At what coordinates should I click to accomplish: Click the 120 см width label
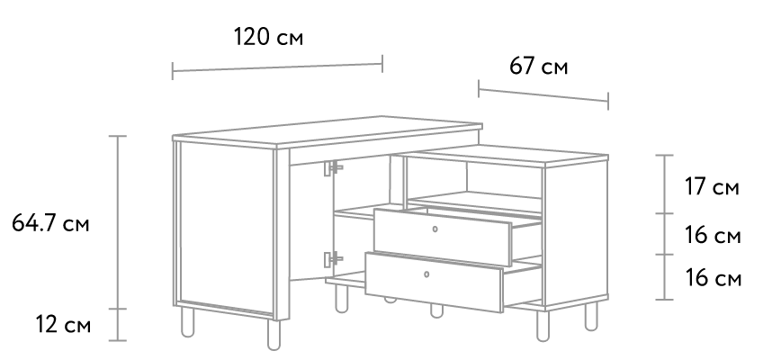pos(268,37)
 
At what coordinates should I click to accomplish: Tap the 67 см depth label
pos(538,67)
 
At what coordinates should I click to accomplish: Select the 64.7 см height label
pos(50,223)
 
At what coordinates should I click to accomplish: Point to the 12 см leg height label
pos(63,325)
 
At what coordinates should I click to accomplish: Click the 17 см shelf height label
pos(712,187)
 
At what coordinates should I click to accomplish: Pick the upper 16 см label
pos(713,235)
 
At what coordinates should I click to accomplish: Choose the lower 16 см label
pos(714,278)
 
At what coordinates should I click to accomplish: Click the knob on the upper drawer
pos(435,229)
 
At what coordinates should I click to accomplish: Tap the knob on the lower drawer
pos(426,274)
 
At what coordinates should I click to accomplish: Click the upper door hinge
pos(332,167)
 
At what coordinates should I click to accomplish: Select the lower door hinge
pos(332,259)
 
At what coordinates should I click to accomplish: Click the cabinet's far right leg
pos(591,315)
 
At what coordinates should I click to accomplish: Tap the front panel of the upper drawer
pos(443,237)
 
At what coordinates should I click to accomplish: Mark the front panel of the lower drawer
pos(434,282)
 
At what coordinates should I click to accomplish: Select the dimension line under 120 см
pos(277,67)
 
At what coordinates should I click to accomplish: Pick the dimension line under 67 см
pos(543,94)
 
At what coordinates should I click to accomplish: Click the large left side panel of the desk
pos(227,229)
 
